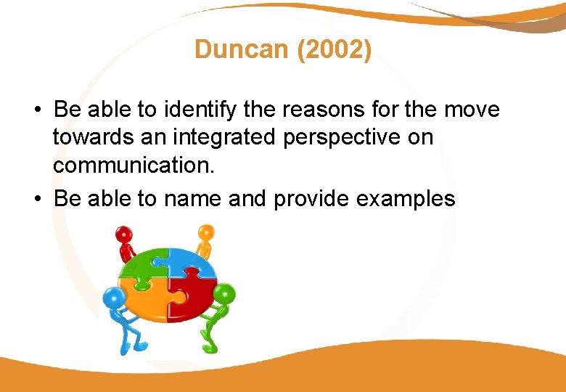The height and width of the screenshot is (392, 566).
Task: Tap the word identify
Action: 195,110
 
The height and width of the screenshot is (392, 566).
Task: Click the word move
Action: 471,110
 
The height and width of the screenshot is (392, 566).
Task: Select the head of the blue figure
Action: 113,298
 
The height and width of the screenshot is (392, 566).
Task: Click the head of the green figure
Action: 224,295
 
